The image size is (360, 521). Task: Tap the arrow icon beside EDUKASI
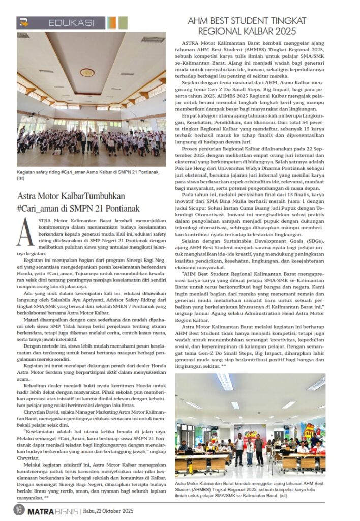23,22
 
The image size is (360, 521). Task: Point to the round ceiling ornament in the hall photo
87,72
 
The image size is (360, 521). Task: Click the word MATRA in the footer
39,511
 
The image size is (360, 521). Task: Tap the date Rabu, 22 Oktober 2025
108,511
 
